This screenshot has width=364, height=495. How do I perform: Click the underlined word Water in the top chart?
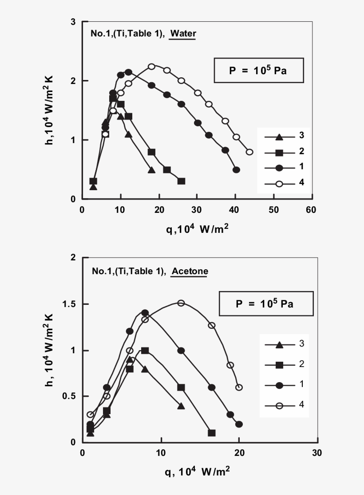[x=183, y=33]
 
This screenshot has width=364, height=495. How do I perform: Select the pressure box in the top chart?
[x=259, y=70]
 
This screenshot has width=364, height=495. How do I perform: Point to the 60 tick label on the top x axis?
[x=312, y=210]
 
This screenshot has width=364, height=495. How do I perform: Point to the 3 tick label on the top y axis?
[x=73, y=22]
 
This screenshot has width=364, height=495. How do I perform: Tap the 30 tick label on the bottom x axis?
[x=317, y=453]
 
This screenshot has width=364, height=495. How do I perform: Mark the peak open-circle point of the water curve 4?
[x=151, y=66]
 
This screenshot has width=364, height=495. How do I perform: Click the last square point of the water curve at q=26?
[x=181, y=181]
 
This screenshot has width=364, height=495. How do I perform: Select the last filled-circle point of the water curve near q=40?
[x=236, y=170]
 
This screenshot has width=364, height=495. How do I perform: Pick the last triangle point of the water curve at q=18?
[x=151, y=170]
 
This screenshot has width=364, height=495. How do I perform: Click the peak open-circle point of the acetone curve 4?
[x=181, y=303]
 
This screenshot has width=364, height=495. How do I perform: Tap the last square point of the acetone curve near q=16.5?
[x=212, y=433]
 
